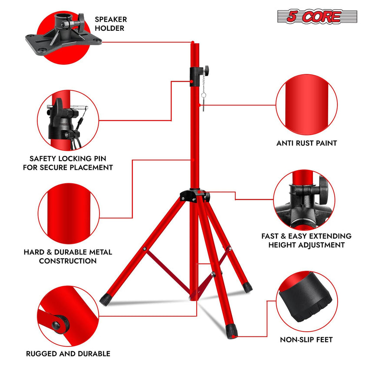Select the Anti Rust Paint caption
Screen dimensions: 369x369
coord(307,143)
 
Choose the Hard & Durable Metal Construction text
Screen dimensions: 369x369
coord(68,256)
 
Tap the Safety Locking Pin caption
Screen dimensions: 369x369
coord(68,163)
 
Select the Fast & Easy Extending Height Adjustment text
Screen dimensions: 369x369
coord(306,241)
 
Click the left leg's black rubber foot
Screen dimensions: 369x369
coord(105,299)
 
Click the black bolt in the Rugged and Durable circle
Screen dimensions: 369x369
coord(57,324)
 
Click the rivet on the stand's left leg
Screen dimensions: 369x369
coord(144,249)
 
